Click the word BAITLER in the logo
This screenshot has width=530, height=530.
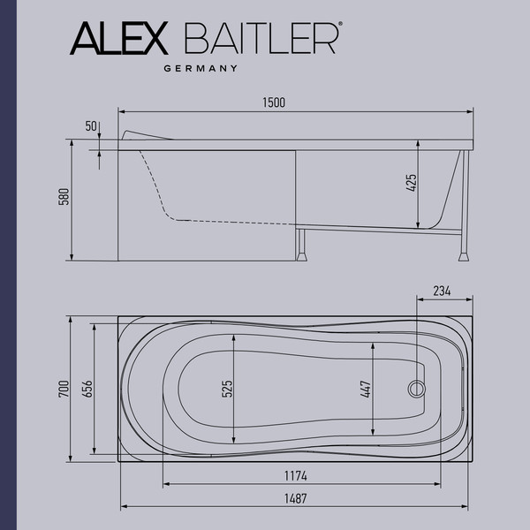[x=261, y=38]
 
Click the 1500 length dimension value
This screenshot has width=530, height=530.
[x=274, y=103]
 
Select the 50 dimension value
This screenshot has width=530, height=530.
[x=90, y=126]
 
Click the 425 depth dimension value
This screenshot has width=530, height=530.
[x=411, y=184]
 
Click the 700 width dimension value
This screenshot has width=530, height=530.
[x=63, y=389]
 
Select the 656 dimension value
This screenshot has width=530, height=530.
[x=86, y=389]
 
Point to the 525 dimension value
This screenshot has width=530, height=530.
[x=226, y=389]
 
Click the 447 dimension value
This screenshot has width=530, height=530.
[x=365, y=389]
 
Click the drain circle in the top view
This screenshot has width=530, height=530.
[x=414, y=388]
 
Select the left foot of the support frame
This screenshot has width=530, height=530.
[x=304, y=256]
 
